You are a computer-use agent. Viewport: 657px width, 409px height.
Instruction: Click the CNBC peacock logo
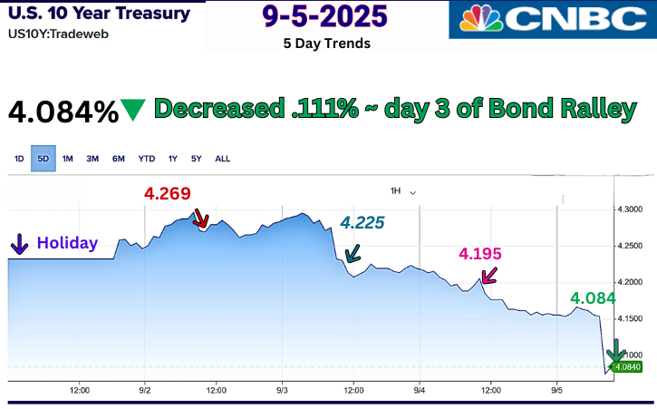point(480,18)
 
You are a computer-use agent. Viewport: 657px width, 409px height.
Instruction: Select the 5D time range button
point(43,159)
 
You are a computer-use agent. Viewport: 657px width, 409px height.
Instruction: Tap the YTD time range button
point(147,159)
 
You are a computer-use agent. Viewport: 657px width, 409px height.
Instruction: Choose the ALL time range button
point(223,159)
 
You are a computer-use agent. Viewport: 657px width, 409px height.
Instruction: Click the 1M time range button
point(67,159)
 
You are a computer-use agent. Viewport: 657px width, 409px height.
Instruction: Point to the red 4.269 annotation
point(167,193)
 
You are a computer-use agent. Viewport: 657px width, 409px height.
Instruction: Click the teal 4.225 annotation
point(362,223)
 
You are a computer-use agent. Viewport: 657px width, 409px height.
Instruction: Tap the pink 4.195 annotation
point(480,253)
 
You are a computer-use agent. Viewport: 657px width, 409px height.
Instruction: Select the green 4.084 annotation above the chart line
point(593,298)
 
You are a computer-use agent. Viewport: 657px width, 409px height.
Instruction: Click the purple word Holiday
point(67,243)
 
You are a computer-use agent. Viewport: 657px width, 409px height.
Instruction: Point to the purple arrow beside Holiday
point(19,244)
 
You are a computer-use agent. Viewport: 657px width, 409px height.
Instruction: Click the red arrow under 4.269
point(200,219)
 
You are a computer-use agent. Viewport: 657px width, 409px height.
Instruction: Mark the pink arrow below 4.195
point(489,275)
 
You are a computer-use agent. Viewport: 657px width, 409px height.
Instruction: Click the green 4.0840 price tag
point(627,367)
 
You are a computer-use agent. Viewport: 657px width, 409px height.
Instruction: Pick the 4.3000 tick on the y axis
point(629,209)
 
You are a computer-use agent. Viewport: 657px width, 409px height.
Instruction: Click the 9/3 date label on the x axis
point(282,391)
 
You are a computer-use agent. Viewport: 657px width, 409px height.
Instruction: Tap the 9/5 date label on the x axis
point(556,391)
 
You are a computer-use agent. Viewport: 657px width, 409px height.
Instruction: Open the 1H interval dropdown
point(402,191)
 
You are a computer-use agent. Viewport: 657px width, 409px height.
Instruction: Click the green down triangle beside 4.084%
point(133,110)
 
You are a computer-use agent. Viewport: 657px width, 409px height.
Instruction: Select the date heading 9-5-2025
point(325,16)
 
